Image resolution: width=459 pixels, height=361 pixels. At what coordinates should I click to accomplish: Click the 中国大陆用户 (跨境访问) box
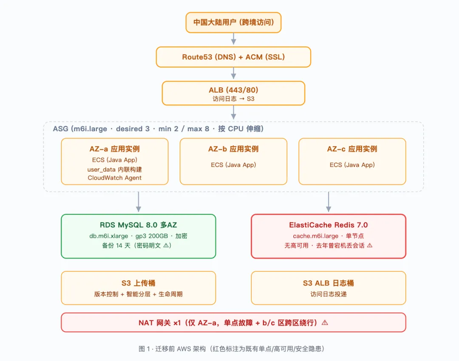pyautogui.click(x=233, y=23)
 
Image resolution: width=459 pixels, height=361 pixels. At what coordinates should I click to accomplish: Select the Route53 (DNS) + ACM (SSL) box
pyautogui.click(x=233, y=57)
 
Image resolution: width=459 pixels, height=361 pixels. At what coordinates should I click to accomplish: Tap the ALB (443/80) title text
pyautogui.click(x=233, y=90)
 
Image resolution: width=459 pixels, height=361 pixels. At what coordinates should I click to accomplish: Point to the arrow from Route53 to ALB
pyautogui.click(x=233, y=73)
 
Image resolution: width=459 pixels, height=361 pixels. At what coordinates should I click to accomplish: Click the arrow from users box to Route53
pyautogui.click(x=233, y=39)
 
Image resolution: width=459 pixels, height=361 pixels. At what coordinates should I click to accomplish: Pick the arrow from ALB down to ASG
pyautogui.click(x=233, y=112)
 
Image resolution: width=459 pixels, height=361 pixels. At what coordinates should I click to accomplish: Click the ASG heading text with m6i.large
pyautogui.click(x=158, y=129)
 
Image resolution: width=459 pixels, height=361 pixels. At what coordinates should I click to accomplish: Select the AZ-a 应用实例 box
pyautogui.click(x=115, y=161)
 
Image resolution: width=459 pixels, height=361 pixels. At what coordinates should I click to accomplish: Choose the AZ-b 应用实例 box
pyautogui.click(x=233, y=161)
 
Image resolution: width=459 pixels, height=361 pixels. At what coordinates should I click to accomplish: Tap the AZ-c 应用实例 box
pyautogui.click(x=352, y=161)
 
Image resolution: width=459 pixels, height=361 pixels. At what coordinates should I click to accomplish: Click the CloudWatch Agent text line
pyautogui.click(x=114, y=178)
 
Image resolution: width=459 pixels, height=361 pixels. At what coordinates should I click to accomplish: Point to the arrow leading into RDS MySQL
pyautogui.click(x=139, y=202)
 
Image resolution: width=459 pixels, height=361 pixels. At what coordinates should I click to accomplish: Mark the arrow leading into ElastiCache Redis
pyautogui.click(x=329, y=202)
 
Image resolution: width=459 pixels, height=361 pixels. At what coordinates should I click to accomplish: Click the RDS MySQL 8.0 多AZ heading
pyautogui.click(x=139, y=225)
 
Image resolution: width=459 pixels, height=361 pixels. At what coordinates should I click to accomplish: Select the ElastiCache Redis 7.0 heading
pyautogui.click(x=329, y=225)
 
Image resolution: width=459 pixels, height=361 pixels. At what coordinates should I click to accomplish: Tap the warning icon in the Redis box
pyautogui.click(x=370, y=245)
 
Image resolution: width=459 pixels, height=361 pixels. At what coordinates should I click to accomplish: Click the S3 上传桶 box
pyautogui.click(x=139, y=288)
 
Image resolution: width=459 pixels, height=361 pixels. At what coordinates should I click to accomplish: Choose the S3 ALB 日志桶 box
pyautogui.click(x=329, y=288)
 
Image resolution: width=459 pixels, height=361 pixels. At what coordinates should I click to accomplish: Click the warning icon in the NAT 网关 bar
pyautogui.click(x=325, y=323)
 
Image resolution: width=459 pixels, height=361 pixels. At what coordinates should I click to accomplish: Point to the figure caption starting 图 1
pyautogui.click(x=231, y=349)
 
